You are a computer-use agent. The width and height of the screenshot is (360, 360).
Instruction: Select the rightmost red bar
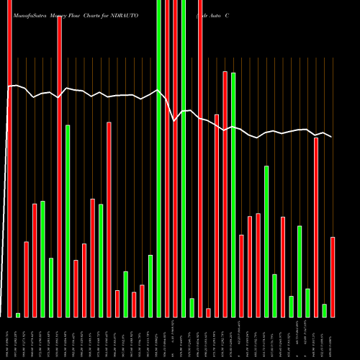[333, 276]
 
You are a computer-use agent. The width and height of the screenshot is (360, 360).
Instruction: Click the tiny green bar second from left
[18, 315]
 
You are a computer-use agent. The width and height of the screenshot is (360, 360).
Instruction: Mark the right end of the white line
[331, 137]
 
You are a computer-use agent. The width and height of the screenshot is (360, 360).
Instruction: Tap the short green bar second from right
[325, 310]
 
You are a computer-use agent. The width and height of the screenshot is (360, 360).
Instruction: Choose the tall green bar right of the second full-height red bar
[68, 220]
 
